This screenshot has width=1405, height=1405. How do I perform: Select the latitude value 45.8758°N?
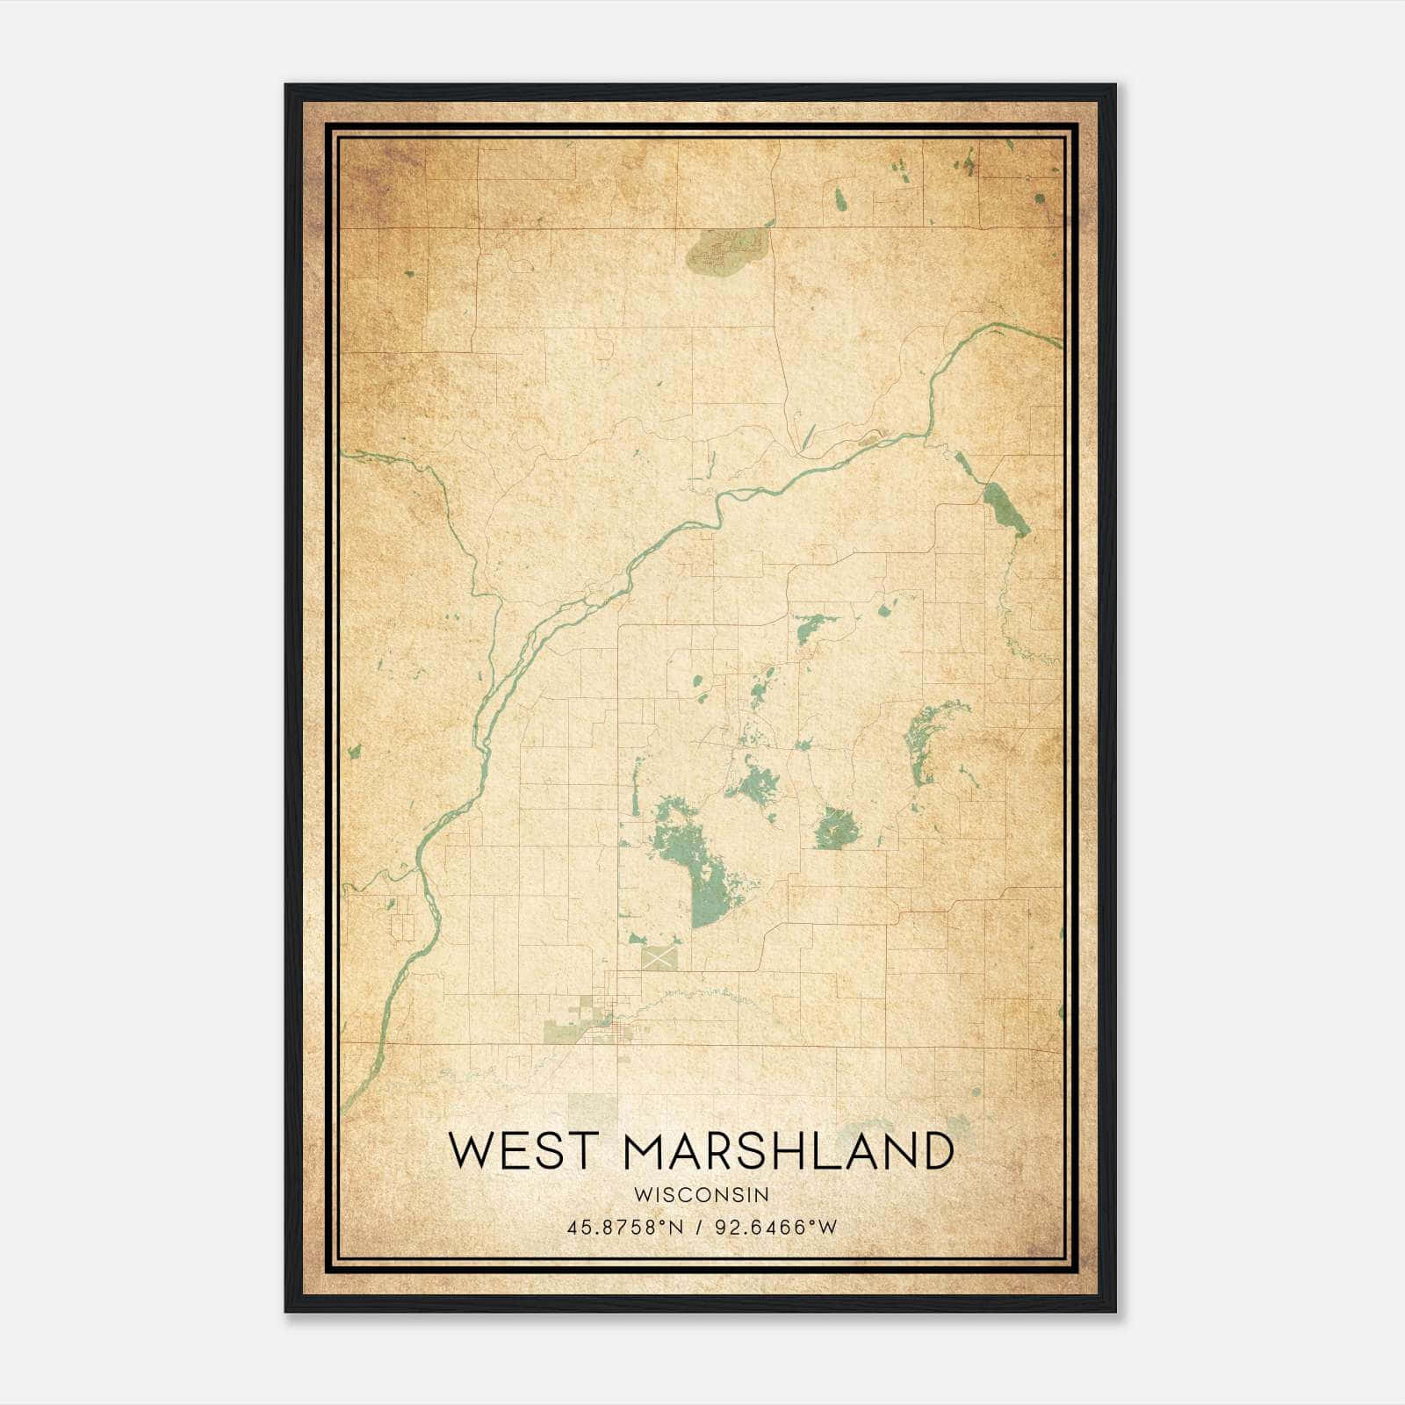pyautogui.click(x=624, y=1228)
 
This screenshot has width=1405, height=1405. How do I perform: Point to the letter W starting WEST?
pyautogui.click(x=470, y=1150)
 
